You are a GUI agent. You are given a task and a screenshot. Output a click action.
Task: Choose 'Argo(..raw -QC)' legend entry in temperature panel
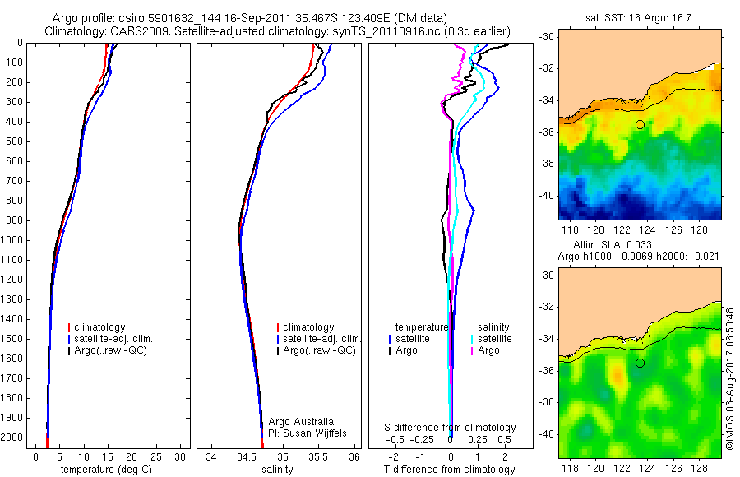point(113,350)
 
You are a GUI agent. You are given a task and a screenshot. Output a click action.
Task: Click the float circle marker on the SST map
point(640,124)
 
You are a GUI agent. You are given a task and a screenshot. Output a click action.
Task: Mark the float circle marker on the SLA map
point(640,363)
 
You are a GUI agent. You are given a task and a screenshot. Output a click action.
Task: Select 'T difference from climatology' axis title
point(449,470)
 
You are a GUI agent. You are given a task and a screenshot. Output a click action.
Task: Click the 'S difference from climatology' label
point(451,428)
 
